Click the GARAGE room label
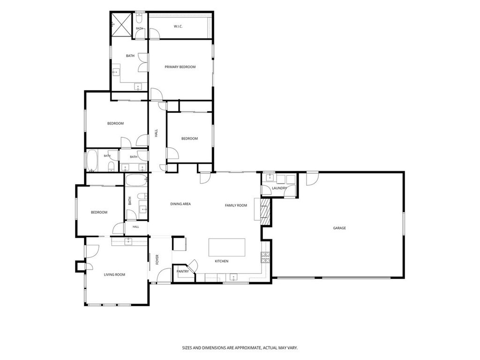pyautogui.click(x=339, y=228)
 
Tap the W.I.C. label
pyautogui.click(x=178, y=27)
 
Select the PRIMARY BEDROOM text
pyautogui.click(x=180, y=67)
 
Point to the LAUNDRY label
pyautogui.click(x=279, y=188)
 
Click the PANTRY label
pyautogui.click(x=182, y=271)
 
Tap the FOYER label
pyautogui.click(x=157, y=260)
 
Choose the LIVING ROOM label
pyautogui.click(x=114, y=275)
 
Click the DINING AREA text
pyautogui.click(x=180, y=204)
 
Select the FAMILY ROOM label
pyautogui.click(x=236, y=205)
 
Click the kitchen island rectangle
pyautogui.click(x=227, y=247)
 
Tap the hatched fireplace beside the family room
pyautogui.click(x=265, y=212)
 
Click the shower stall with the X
pyautogui.click(x=121, y=24)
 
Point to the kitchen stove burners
pyautogui.click(x=265, y=257)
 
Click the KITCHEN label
pyautogui.click(x=221, y=262)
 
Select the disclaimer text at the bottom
pyautogui.click(x=240, y=348)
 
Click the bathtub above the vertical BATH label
pyautogui.click(x=136, y=180)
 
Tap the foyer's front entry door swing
pyautogui.click(x=164, y=275)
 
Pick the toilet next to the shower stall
pyautogui.click(x=139, y=19)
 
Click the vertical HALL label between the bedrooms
pyautogui.click(x=156, y=133)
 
